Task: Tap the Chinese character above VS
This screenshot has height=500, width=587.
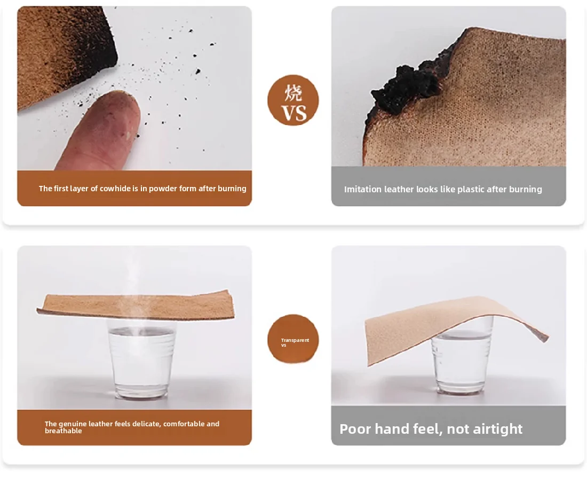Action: (293, 92)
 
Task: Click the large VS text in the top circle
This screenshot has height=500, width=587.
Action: (293, 113)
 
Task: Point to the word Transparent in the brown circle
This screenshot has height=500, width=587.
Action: (295, 340)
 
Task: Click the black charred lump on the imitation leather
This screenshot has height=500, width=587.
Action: (406, 88)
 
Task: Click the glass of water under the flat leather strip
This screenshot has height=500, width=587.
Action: (141, 359)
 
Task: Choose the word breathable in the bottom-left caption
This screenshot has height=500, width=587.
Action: (64, 431)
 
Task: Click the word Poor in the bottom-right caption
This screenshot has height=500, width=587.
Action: (355, 429)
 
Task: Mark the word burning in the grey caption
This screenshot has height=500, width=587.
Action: (525, 190)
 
